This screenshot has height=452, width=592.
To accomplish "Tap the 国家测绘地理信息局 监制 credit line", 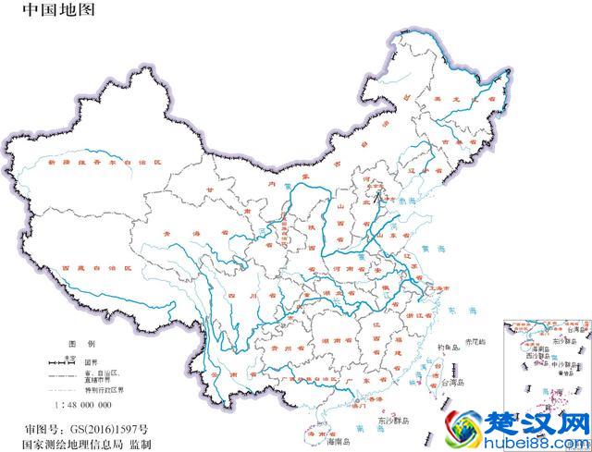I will (101, 444).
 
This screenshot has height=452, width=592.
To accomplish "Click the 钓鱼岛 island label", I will (449, 347).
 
